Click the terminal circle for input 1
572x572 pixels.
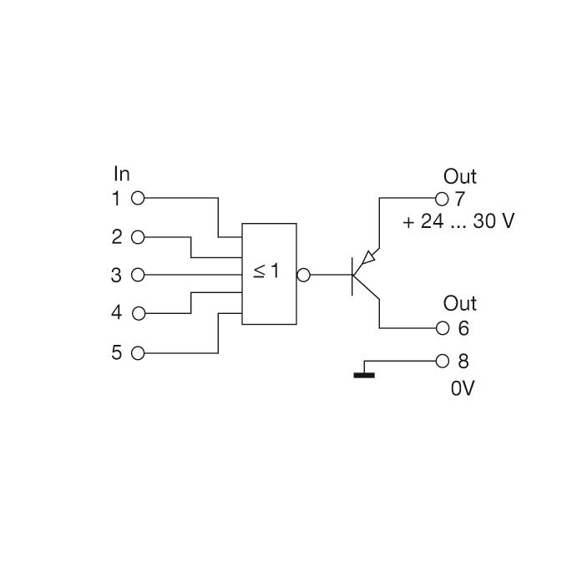pos(139,199)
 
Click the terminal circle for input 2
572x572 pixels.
pos(139,237)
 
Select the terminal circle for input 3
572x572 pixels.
pos(139,275)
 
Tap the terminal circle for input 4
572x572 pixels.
pos(139,313)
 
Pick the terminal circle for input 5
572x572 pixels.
pos(139,352)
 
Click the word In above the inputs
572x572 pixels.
pos(122,174)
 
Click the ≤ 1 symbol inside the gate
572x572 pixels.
pos(266,272)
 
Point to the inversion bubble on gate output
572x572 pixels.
pos(303,274)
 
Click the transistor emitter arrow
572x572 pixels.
pos(368,256)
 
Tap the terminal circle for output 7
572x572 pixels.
pos(443,199)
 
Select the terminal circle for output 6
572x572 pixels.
pos(443,327)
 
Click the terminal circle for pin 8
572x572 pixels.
pos(443,362)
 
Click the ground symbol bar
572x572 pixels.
pos(364,375)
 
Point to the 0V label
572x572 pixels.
pos(463,389)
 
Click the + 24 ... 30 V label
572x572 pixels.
pos(458,223)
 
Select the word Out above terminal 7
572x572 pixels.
pos(459,176)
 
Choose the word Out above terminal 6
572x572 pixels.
pos(459,303)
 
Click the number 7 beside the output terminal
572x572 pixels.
pos(459,200)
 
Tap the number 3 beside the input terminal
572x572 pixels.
pos(117,275)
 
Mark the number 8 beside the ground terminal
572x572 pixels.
pos(463,362)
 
